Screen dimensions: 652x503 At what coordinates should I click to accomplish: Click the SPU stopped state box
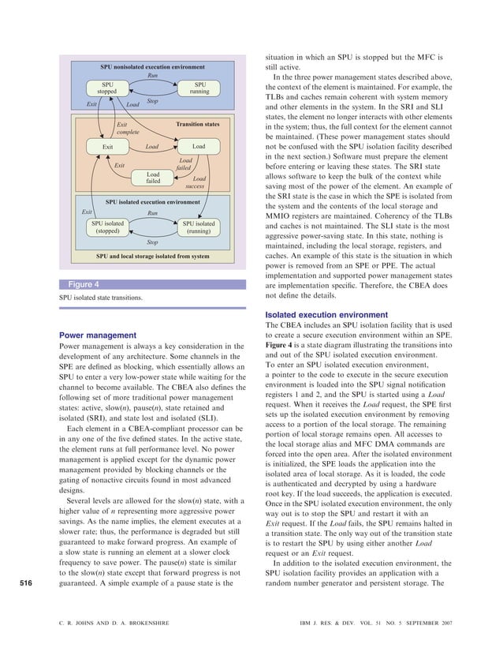click(106, 88)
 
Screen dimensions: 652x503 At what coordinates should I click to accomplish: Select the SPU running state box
click(199, 88)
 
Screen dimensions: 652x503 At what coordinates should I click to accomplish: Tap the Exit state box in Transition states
click(108, 147)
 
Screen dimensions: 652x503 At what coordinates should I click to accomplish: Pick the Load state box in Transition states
click(198, 147)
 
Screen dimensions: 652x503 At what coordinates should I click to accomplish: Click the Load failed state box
click(153, 178)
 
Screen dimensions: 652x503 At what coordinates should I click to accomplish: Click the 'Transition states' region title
click(198, 125)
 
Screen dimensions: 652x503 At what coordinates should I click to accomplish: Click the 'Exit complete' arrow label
click(122, 128)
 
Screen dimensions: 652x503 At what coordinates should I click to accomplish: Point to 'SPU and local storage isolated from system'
click(152, 257)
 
